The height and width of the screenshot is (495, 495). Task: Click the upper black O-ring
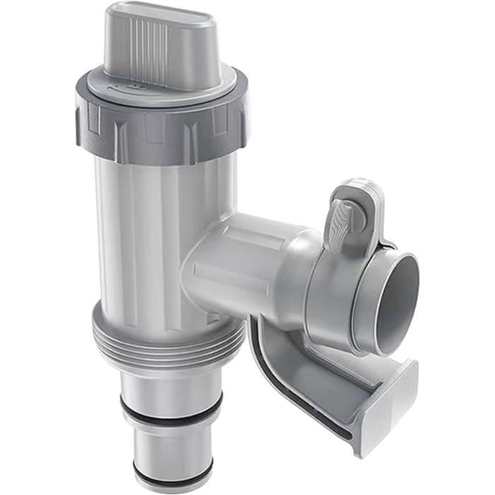170,409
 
